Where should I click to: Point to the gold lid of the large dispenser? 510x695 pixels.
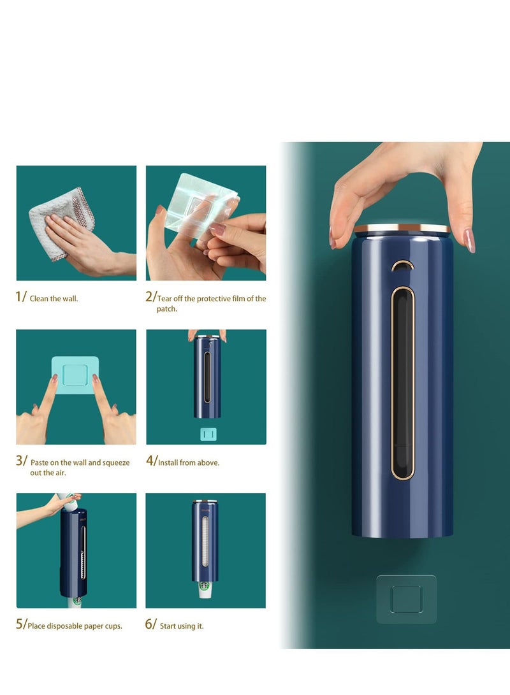[x=402, y=227]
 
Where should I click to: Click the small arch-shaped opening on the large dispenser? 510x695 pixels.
[x=402, y=266]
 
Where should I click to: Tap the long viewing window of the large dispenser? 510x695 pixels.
[x=402, y=382]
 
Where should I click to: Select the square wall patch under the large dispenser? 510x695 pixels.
[x=406, y=599]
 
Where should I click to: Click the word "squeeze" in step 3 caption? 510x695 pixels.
[x=116, y=462]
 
